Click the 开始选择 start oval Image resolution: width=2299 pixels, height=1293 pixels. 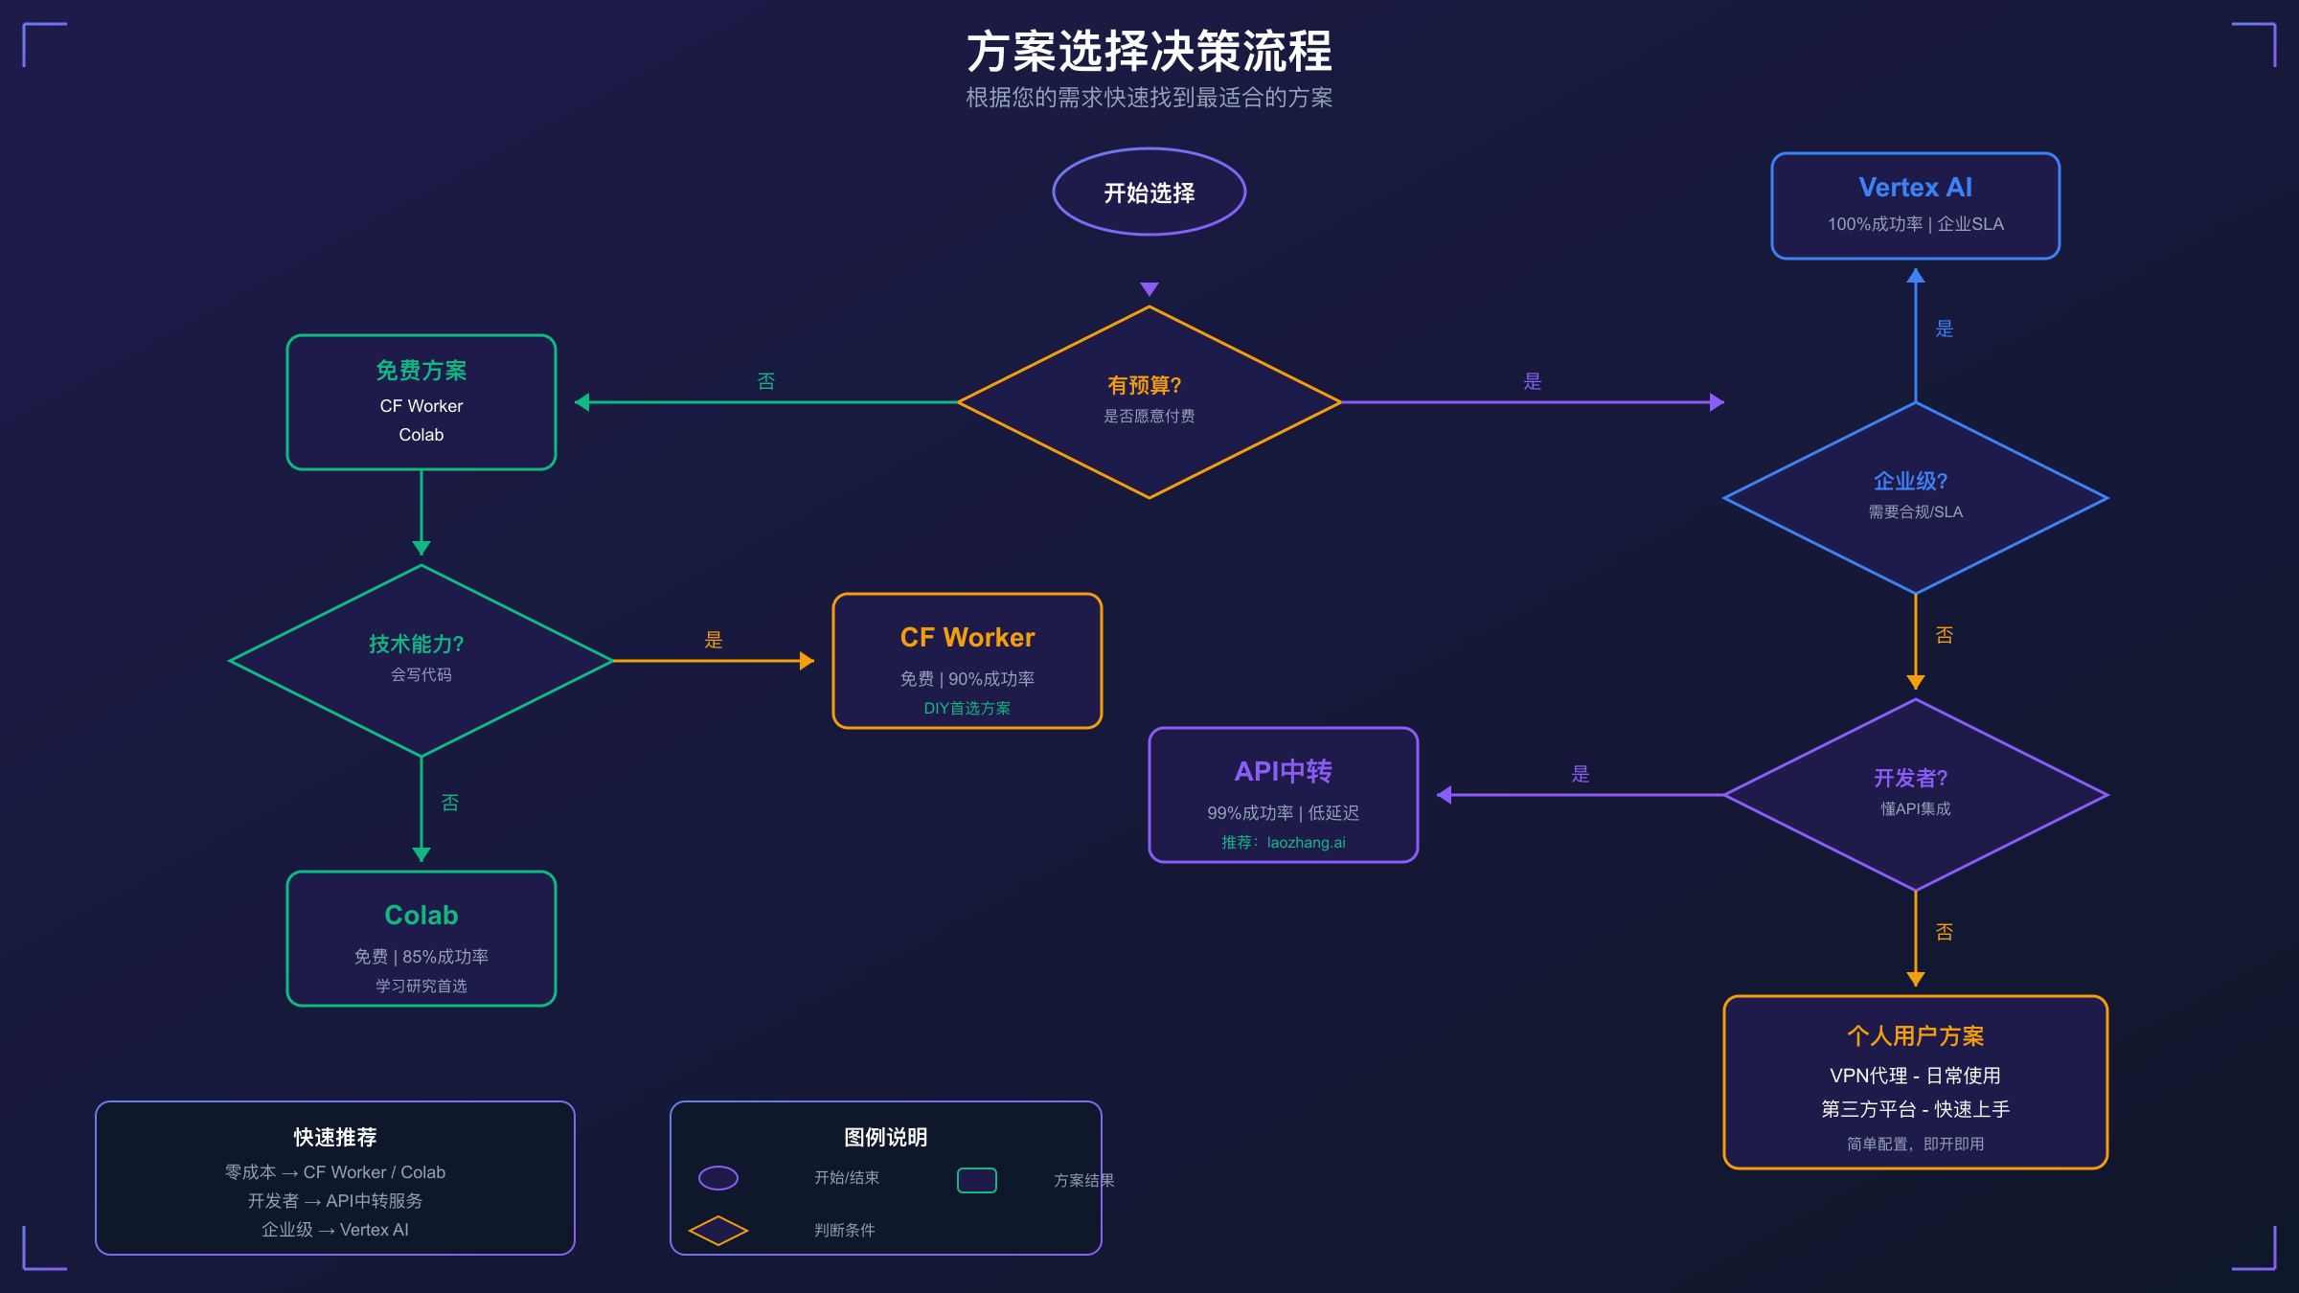[1149, 193]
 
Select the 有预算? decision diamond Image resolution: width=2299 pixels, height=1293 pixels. [1149, 401]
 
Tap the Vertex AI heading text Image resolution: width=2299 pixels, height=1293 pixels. [1915, 188]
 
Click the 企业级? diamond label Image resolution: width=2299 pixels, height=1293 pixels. [1911, 481]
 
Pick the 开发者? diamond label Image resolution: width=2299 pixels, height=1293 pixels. [1911, 778]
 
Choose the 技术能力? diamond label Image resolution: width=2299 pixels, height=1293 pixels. [417, 644]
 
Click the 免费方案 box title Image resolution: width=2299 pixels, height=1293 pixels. [421, 371]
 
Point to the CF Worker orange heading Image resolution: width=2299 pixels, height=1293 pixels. [967, 638]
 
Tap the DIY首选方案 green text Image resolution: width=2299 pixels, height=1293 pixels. [967, 708]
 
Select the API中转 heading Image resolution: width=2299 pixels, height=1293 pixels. [1284, 772]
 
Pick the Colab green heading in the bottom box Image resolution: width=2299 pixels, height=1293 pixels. [421, 916]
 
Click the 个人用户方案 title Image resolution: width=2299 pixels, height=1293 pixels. [1916, 1036]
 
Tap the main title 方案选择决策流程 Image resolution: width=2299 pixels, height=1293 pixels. [1149, 52]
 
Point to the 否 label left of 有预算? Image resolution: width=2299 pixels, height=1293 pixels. [766, 381]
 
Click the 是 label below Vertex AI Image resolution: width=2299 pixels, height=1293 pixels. [1945, 329]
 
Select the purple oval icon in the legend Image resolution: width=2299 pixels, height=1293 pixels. [718, 1178]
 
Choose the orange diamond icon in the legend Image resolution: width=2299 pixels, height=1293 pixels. [718, 1231]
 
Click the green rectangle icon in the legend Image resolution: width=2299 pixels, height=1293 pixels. [977, 1180]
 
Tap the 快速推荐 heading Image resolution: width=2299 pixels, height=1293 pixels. [335, 1138]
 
